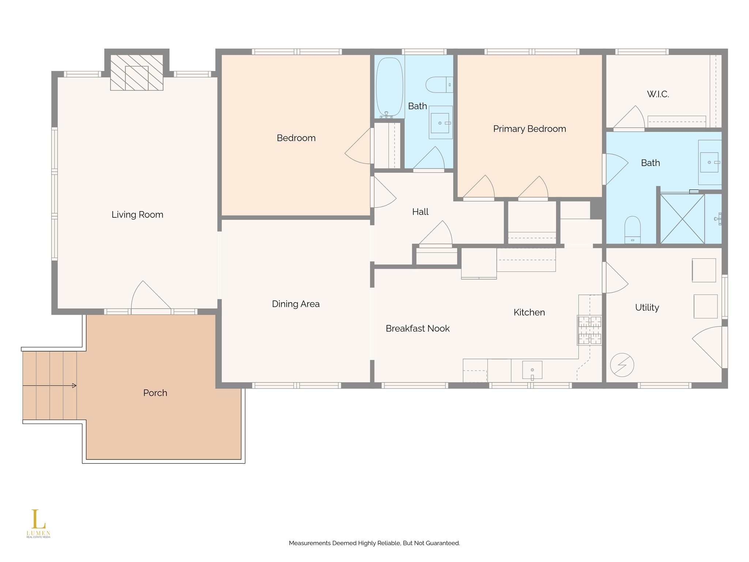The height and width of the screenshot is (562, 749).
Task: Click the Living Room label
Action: tap(137, 215)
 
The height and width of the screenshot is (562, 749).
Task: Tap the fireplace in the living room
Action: tap(137, 72)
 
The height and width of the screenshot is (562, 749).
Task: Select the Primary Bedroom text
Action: tap(530, 129)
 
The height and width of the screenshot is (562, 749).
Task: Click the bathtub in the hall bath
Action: tap(390, 87)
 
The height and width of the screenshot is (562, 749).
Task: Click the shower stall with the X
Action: tap(682, 219)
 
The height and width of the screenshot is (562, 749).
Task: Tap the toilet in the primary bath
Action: tap(633, 230)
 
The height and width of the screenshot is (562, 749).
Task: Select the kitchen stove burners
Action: tap(590, 330)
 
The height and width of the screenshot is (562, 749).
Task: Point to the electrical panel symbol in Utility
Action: tap(622, 365)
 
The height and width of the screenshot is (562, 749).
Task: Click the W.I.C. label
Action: tap(658, 94)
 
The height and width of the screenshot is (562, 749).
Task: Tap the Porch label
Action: tap(155, 393)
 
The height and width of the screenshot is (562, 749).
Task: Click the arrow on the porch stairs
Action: tap(50, 386)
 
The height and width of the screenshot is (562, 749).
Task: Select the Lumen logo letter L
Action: tap(38, 519)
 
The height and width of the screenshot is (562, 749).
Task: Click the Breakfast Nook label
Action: tap(418, 329)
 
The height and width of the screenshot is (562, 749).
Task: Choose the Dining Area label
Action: tap(296, 304)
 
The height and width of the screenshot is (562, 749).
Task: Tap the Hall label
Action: tap(420, 212)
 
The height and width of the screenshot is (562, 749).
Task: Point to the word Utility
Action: tap(647, 308)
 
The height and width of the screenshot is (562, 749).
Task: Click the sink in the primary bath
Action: tap(710, 162)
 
